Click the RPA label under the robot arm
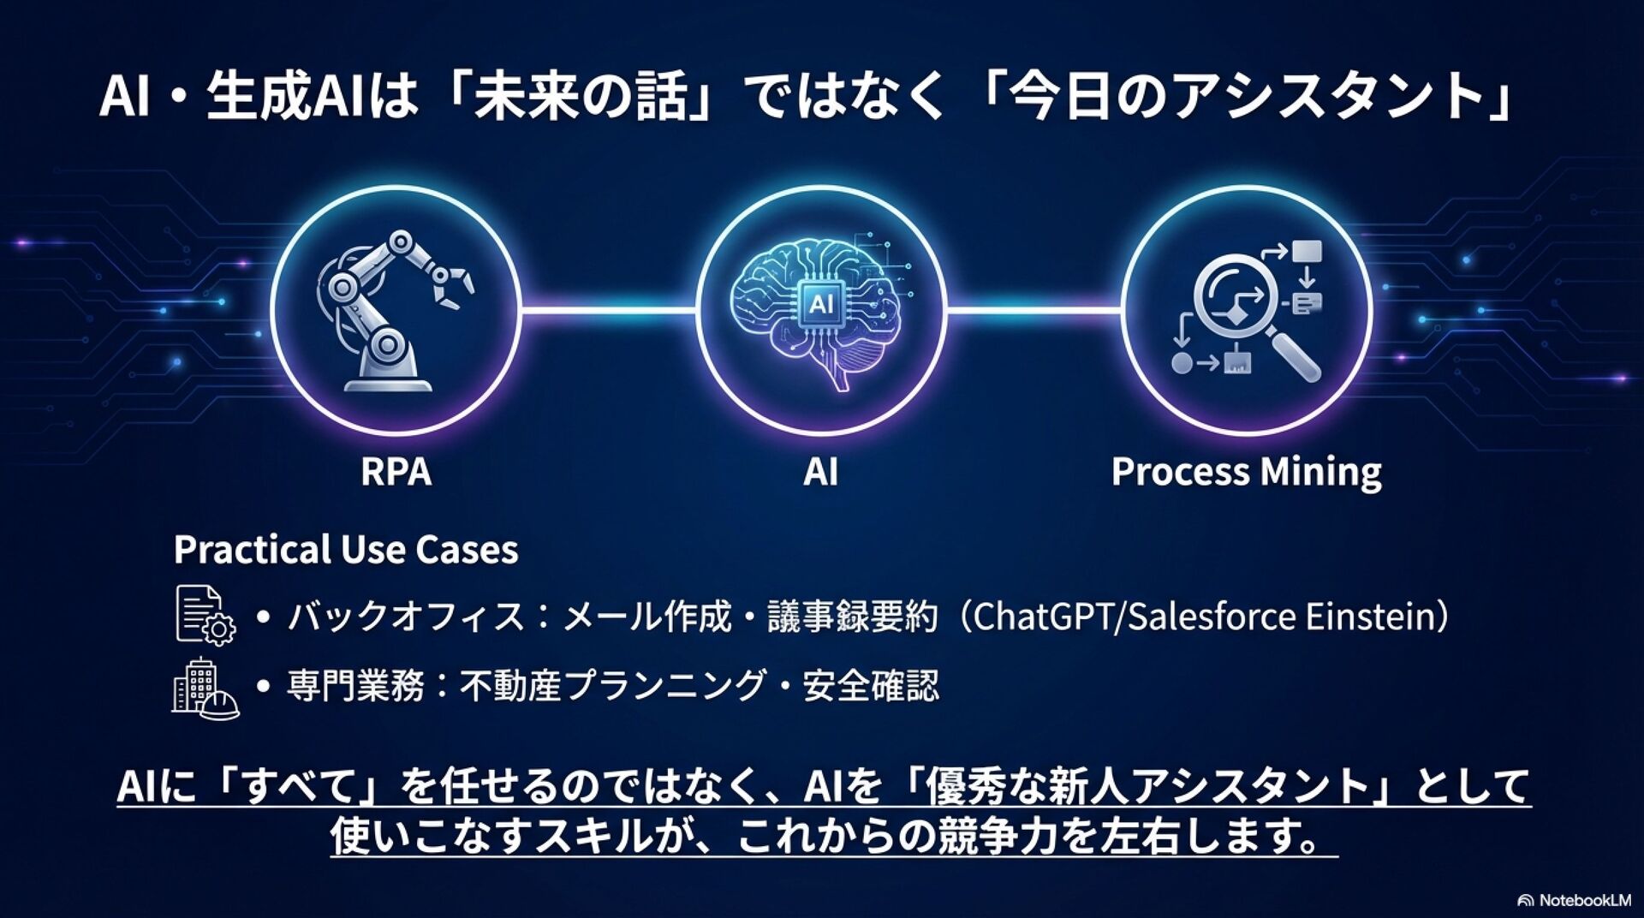396,472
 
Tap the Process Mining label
1246,472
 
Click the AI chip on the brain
820,303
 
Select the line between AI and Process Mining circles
1033,311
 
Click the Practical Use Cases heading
346,550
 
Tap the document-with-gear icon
205,615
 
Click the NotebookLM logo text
1584,900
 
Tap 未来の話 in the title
581,96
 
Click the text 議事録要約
852,617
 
